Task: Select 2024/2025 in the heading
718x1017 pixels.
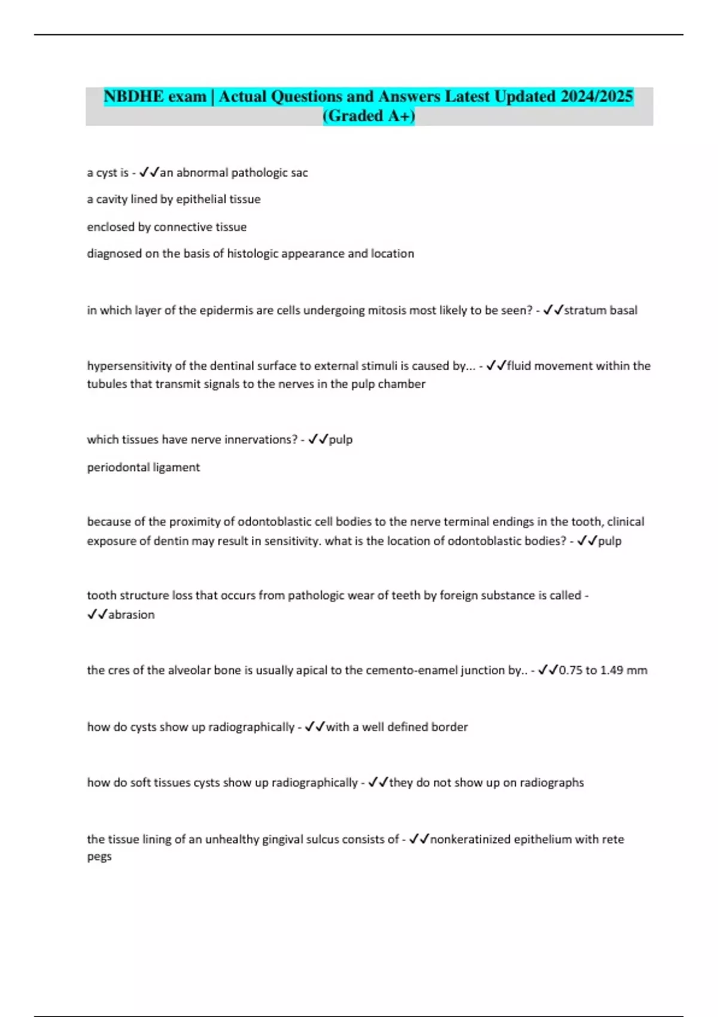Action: tap(597, 96)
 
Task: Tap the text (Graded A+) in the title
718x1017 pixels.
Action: tap(369, 115)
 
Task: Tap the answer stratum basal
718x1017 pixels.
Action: tap(601, 310)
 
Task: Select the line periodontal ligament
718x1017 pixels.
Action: tap(144, 467)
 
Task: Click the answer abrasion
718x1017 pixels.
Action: tap(131, 615)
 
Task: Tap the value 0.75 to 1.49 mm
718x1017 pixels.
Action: tap(603, 671)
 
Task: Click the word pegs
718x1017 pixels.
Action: tap(99, 857)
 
